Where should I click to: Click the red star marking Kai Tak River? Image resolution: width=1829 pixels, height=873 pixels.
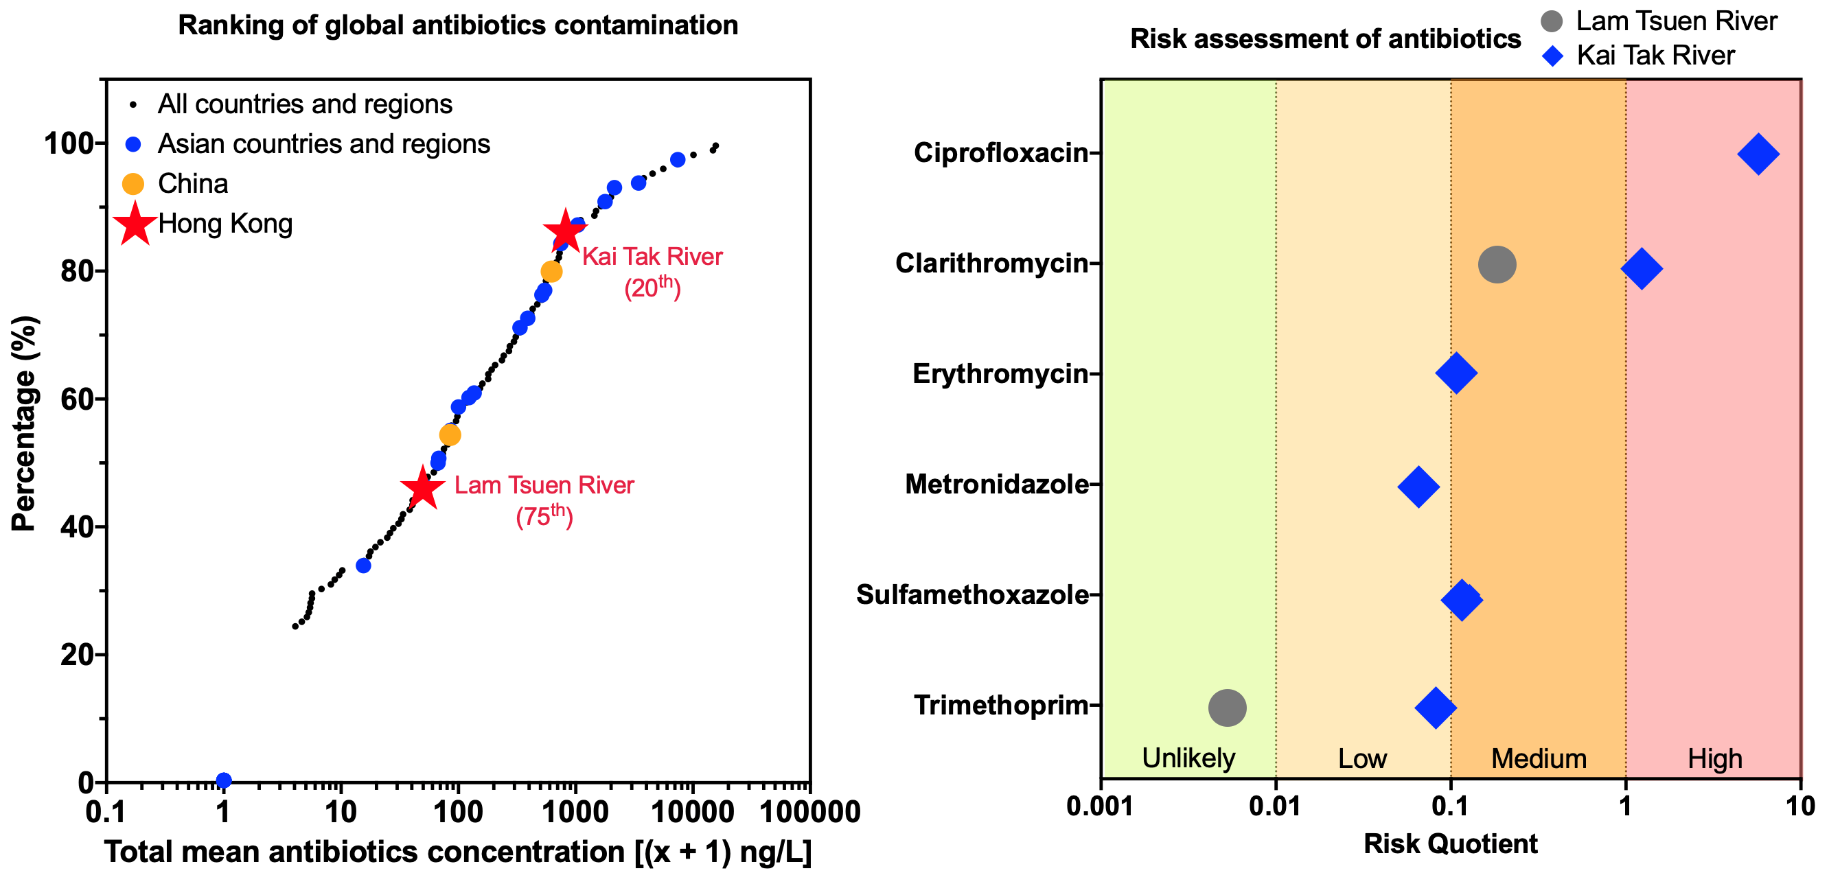(565, 231)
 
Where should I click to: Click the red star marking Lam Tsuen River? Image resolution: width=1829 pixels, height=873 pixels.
(422, 488)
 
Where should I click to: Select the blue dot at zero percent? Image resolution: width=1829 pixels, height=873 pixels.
(224, 780)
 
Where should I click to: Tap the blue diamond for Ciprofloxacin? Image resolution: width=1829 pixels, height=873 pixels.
(1758, 154)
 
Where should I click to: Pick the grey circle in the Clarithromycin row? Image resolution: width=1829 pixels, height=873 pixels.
(1497, 265)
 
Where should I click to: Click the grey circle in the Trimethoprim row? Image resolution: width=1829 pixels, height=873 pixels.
(1227, 708)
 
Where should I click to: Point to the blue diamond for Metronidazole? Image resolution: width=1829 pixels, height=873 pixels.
(1418, 487)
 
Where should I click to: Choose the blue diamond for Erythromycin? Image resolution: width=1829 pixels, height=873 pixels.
(1456, 373)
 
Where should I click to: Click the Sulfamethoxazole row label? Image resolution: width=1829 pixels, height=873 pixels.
(972, 595)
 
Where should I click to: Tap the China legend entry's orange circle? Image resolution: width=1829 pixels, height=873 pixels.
(133, 184)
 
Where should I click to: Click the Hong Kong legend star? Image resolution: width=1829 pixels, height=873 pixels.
(135, 224)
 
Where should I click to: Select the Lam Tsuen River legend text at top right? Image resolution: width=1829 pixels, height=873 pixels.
(1676, 21)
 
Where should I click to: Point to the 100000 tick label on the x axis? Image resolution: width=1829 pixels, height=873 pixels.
(809, 812)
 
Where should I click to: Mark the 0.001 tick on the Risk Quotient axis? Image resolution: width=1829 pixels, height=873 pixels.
(1100, 807)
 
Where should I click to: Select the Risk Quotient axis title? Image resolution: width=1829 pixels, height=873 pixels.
(1450, 844)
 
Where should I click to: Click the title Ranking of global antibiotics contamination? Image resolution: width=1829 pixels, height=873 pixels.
(458, 25)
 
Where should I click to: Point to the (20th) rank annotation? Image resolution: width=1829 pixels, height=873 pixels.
(652, 287)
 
